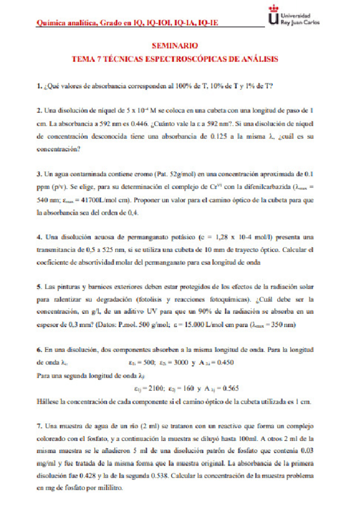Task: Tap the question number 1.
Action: click(38, 85)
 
